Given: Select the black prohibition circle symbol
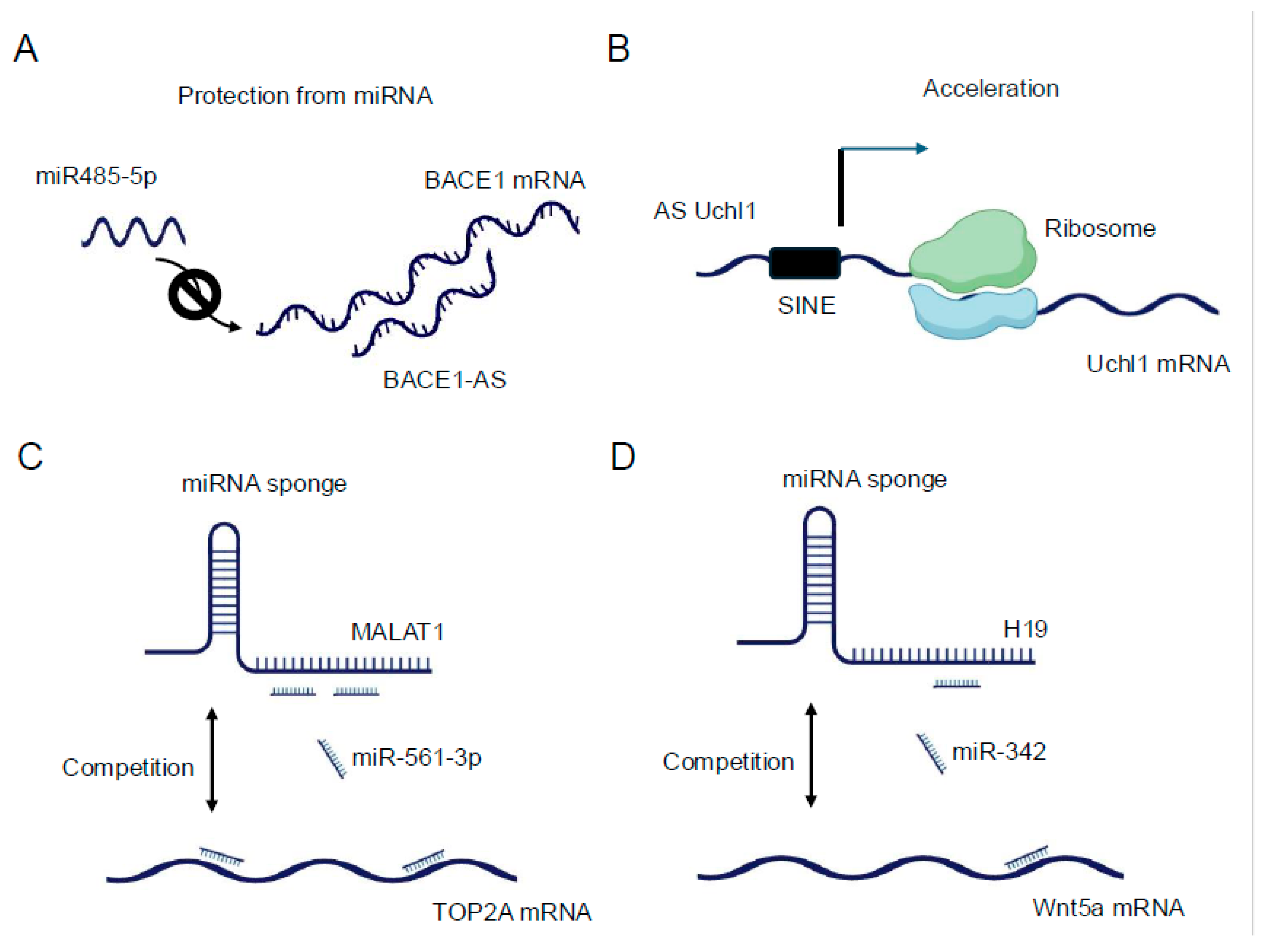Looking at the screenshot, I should pyautogui.click(x=194, y=294).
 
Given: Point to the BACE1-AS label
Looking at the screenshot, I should pyautogui.click(x=444, y=380).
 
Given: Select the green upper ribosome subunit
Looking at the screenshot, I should pyautogui.click(x=972, y=250).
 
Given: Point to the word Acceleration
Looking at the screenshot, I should pyautogui.click(x=990, y=89).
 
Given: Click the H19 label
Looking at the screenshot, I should pyautogui.click(x=1025, y=629).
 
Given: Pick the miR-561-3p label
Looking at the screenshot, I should pyautogui.click(x=417, y=758).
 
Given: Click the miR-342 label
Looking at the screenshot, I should pyautogui.click(x=998, y=752).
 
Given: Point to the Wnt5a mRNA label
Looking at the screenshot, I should pyautogui.click(x=1108, y=907).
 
